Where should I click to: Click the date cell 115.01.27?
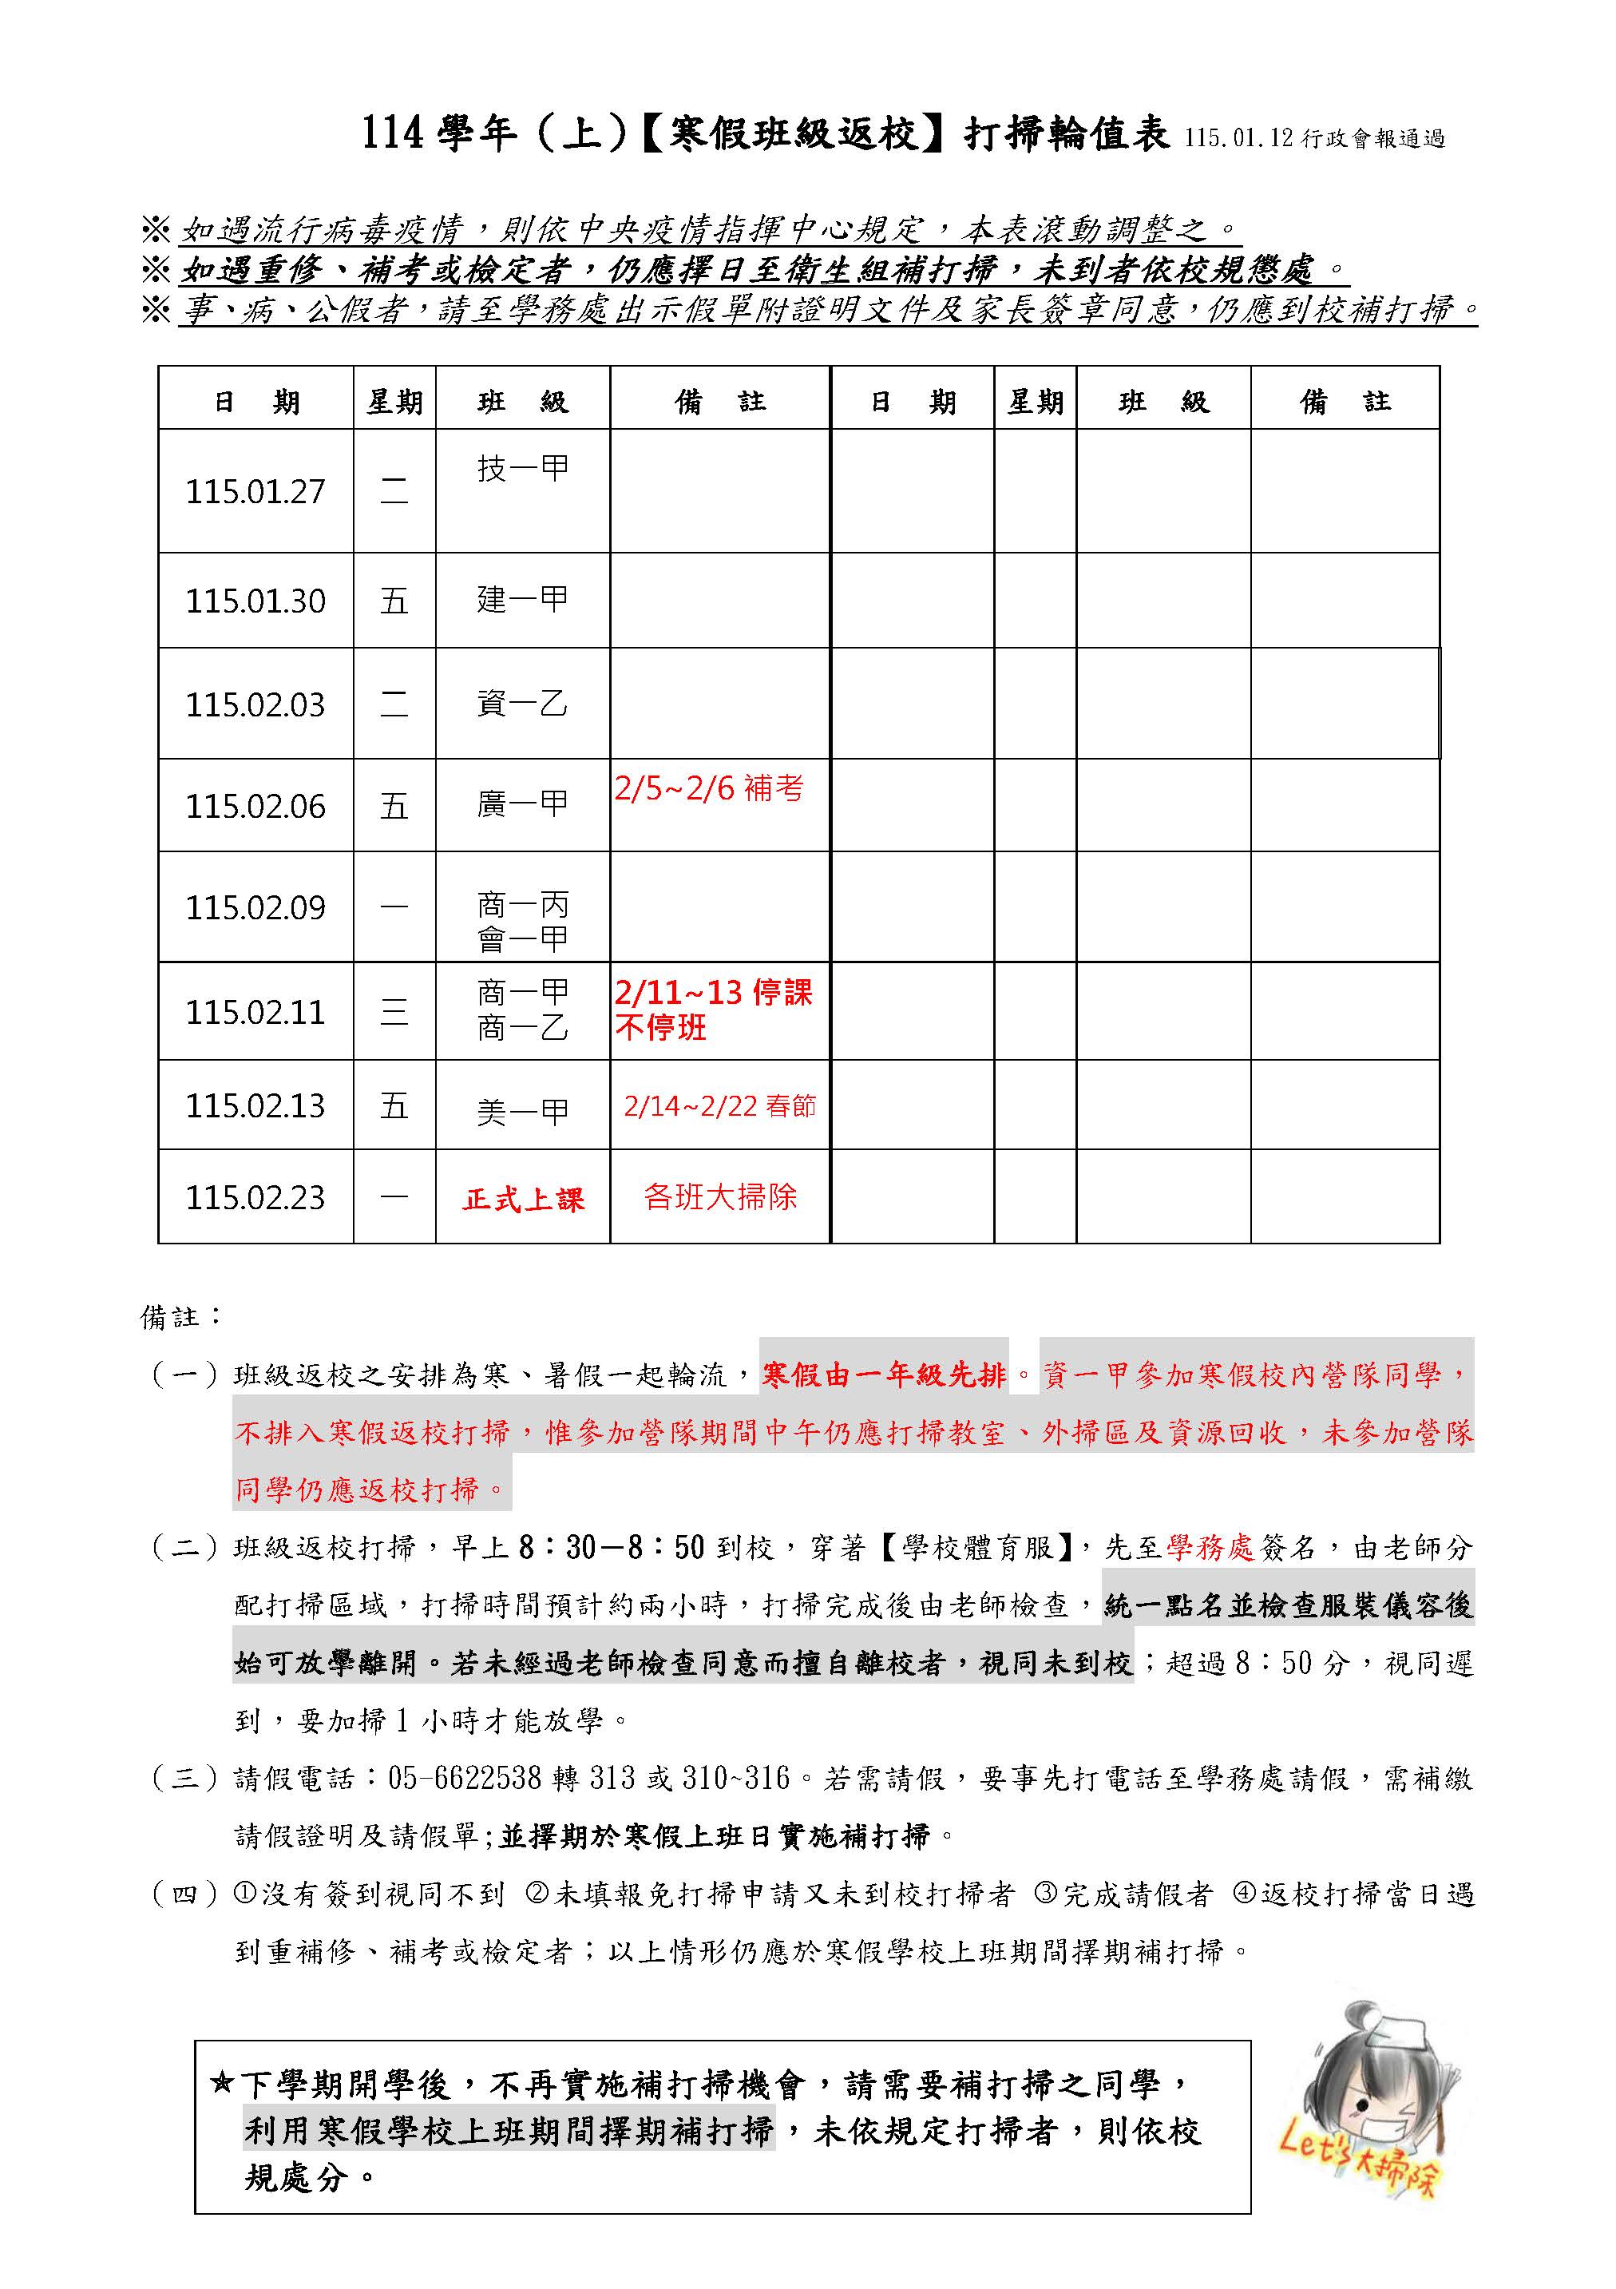(x=255, y=491)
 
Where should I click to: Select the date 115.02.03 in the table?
(x=255, y=705)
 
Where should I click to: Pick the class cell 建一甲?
(x=522, y=599)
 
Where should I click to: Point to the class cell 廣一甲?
(x=522, y=803)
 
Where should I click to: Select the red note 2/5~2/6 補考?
(x=709, y=788)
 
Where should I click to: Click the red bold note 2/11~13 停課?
(x=714, y=993)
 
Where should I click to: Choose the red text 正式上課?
(x=522, y=1200)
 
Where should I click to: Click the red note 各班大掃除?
(x=719, y=1196)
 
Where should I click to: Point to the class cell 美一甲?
(x=522, y=1111)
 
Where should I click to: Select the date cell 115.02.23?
(x=255, y=1197)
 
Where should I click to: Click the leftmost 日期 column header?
(x=256, y=402)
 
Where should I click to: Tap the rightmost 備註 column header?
(x=1344, y=402)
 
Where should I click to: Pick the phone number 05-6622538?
(x=465, y=1778)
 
